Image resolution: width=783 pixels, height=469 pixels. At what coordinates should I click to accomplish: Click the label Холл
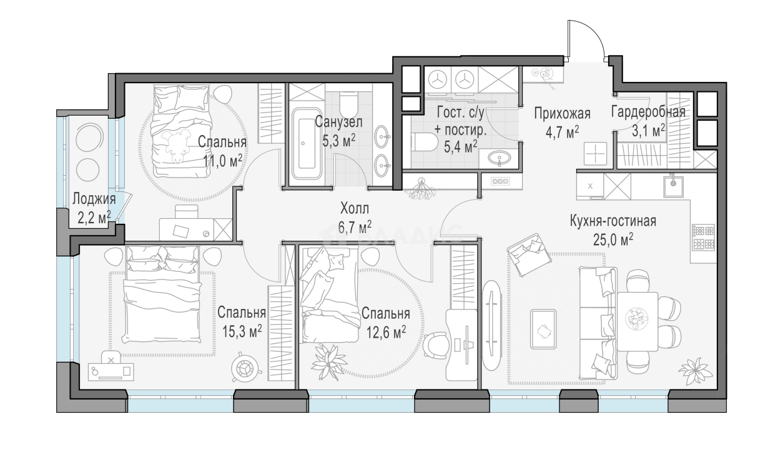coord(355,209)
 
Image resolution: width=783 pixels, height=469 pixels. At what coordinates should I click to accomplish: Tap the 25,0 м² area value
coord(613,240)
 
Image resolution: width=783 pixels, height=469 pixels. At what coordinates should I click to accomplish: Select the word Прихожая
coord(563,113)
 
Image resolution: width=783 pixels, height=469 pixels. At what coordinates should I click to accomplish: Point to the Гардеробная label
coord(648,112)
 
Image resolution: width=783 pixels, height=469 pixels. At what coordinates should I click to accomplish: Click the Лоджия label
coord(94,199)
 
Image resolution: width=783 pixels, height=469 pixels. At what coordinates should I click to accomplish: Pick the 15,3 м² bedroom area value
coord(243,331)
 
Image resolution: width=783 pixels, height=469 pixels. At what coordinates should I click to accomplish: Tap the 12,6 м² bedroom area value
coord(387,331)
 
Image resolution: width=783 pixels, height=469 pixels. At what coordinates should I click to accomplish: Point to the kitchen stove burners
coord(703,238)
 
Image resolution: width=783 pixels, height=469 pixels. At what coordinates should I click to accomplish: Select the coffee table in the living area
coord(543,329)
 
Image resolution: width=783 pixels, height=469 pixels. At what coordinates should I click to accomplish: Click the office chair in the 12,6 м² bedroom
coord(436,345)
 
